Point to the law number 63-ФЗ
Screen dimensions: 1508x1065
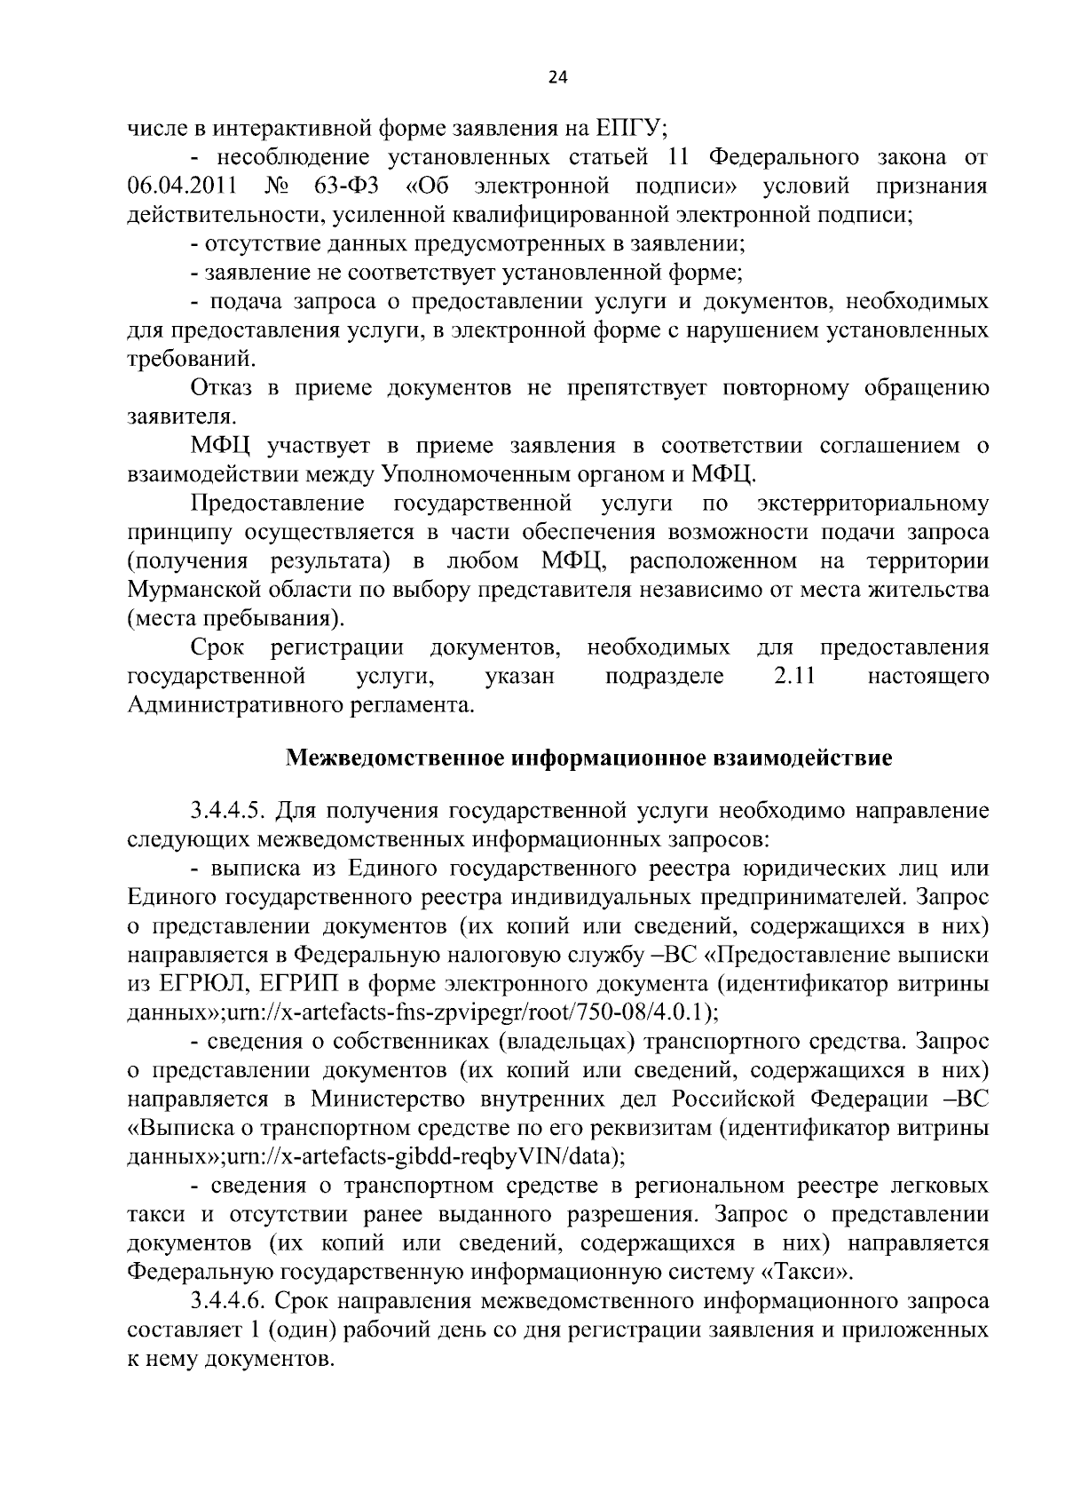tap(348, 187)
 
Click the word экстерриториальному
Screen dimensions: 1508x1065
tap(873, 504)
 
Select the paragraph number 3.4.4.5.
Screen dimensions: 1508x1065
tap(226, 811)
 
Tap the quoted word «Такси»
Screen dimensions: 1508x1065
tap(808, 1273)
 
